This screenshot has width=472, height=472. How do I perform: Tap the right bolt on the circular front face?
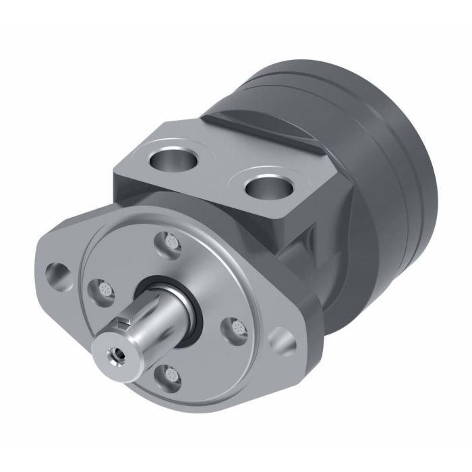click(x=235, y=328)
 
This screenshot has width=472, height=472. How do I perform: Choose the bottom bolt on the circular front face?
click(x=167, y=373)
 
